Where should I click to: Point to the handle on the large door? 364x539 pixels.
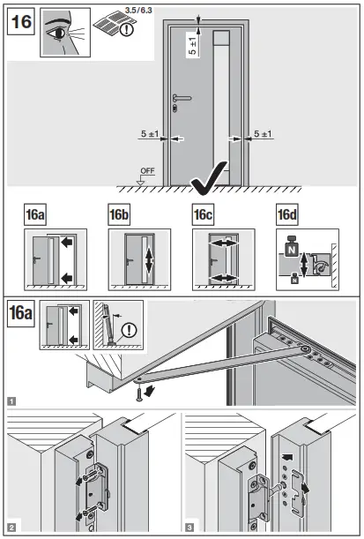pos(181,99)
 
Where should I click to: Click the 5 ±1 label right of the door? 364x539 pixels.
pos(261,135)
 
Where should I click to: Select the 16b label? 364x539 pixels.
pos(122,215)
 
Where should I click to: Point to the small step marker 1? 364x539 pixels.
pos(11,400)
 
